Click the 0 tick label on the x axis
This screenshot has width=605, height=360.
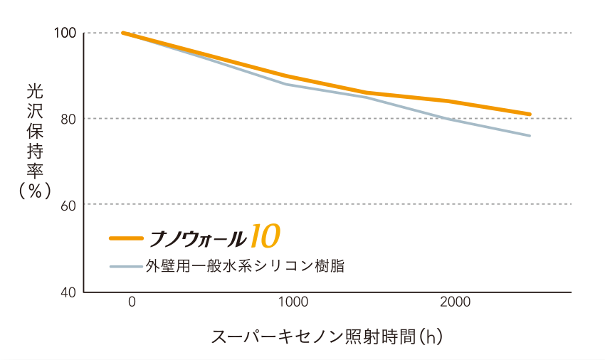pos(132,302)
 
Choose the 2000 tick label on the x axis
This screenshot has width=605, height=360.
pos(455,302)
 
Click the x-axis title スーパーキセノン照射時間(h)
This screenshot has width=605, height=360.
pos(327,336)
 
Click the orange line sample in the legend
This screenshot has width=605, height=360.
pos(126,238)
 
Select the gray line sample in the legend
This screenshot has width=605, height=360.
pos(126,267)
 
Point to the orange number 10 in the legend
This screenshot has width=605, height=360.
pos(264,236)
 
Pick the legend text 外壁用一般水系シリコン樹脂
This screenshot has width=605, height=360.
pos(246,267)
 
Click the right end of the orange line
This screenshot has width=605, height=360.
pos(530,114)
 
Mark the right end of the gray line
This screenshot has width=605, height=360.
pos(530,135)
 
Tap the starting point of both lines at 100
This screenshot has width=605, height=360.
pos(123,33)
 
